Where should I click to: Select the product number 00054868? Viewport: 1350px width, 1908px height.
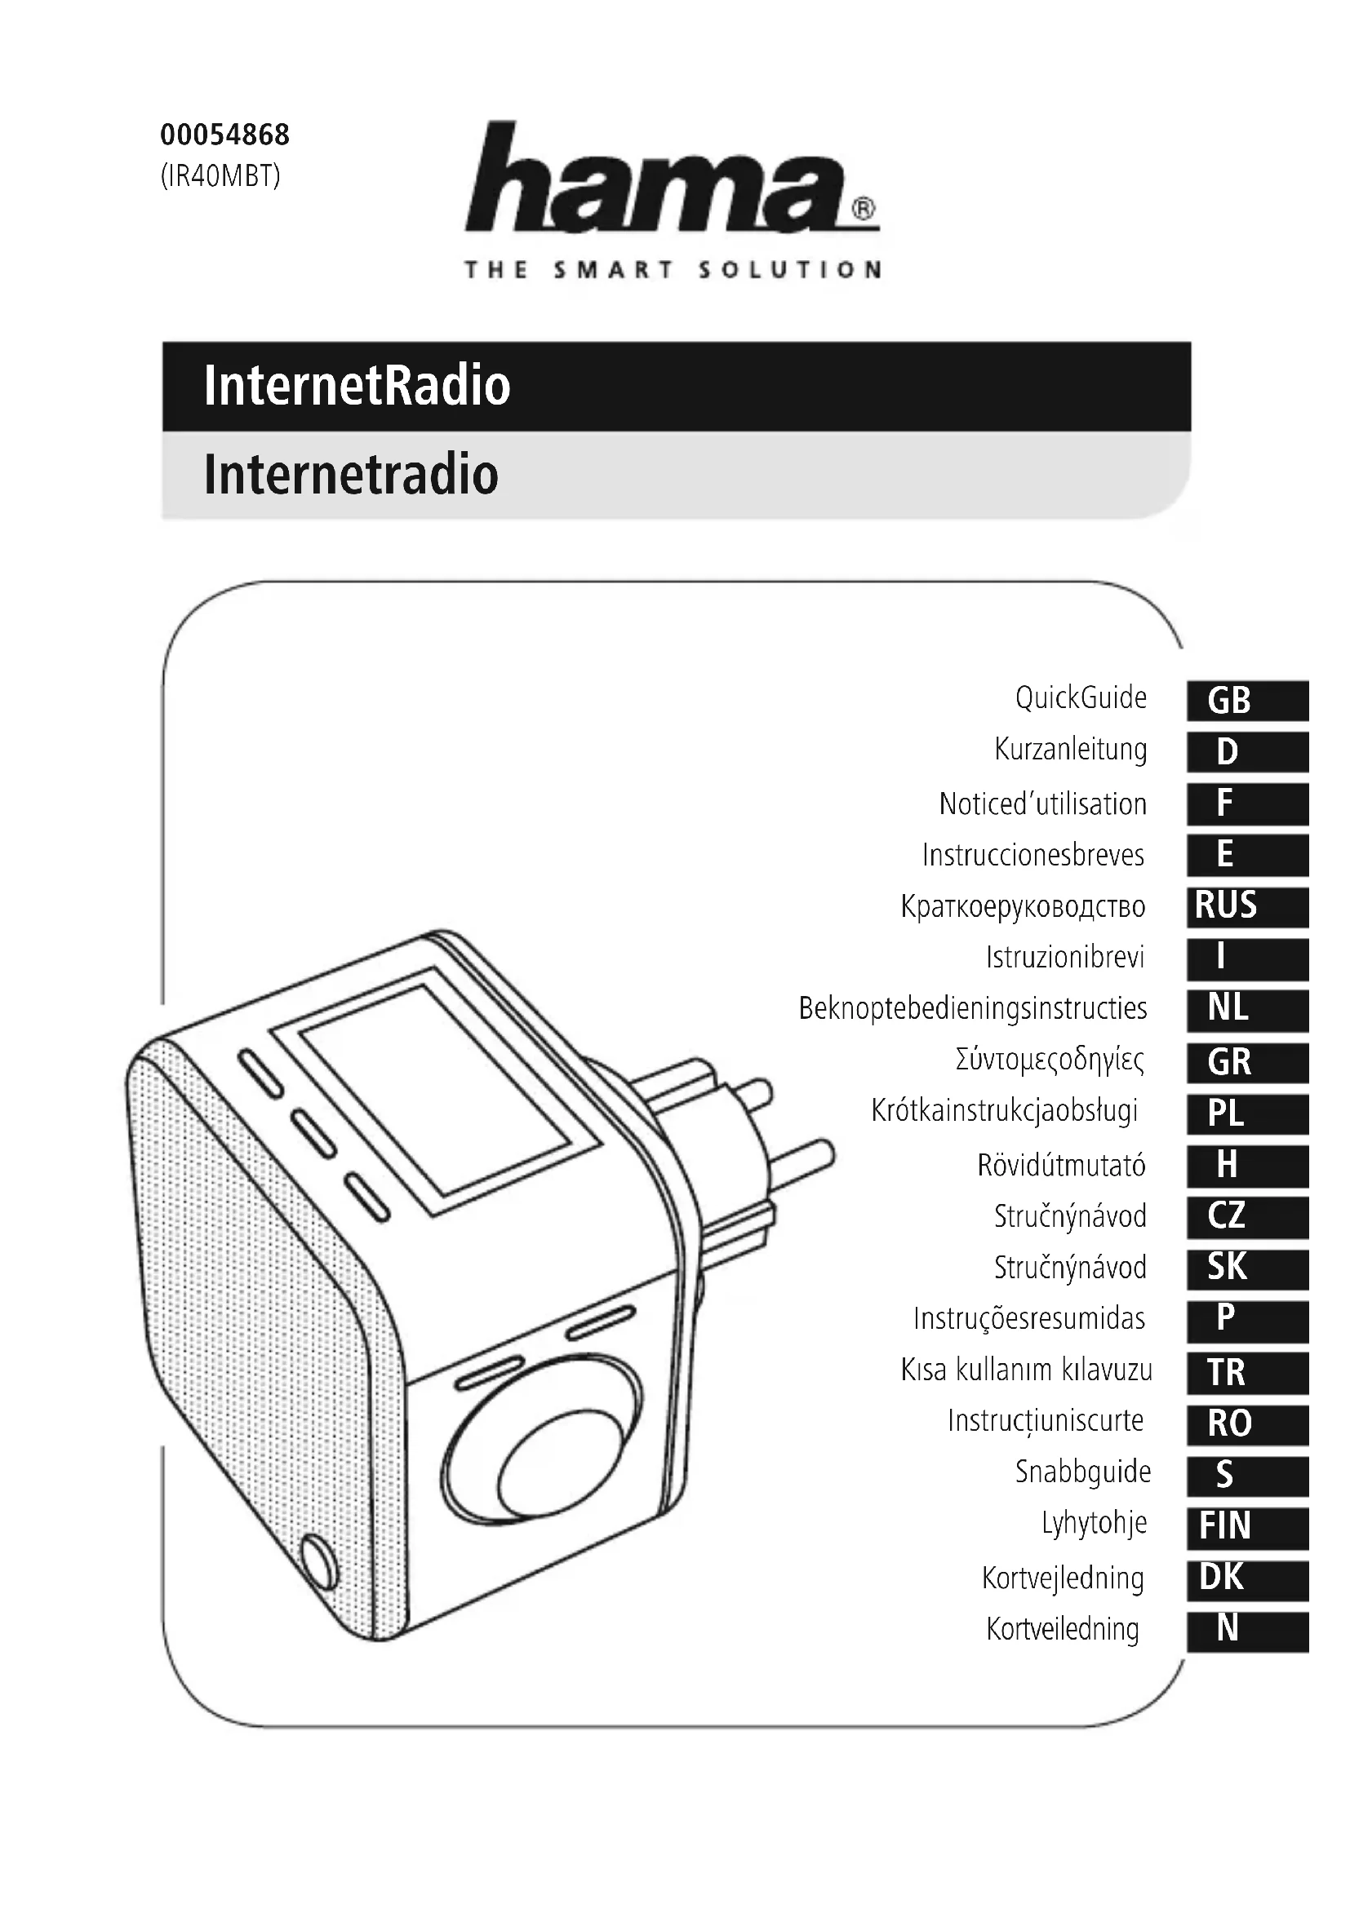[x=224, y=135]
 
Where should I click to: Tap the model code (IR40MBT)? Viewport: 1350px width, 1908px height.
[x=220, y=176]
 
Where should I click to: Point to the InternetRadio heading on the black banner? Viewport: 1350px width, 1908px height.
[x=357, y=386]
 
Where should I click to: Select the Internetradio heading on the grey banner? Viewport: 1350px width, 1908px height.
[x=351, y=475]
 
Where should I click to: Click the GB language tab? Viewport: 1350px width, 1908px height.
[x=1247, y=701]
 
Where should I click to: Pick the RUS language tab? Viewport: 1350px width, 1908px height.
[x=1247, y=905]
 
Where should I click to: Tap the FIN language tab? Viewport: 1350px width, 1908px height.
[x=1247, y=1526]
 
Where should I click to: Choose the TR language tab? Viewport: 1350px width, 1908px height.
[x=1247, y=1372]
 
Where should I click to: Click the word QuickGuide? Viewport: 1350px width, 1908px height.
[x=1081, y=698]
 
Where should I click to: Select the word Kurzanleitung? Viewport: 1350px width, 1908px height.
[x=1071, y=750]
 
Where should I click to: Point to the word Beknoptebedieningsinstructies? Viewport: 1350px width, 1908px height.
[x=973, y=1008]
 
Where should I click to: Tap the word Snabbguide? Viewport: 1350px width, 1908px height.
[x=1082, y=1472]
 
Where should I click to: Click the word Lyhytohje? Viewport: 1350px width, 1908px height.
[x=1094, y=1523]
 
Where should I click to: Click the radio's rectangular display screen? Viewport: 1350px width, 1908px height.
[x=449, y=1089]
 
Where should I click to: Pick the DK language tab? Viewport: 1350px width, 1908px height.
[x=1247, y=1578]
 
